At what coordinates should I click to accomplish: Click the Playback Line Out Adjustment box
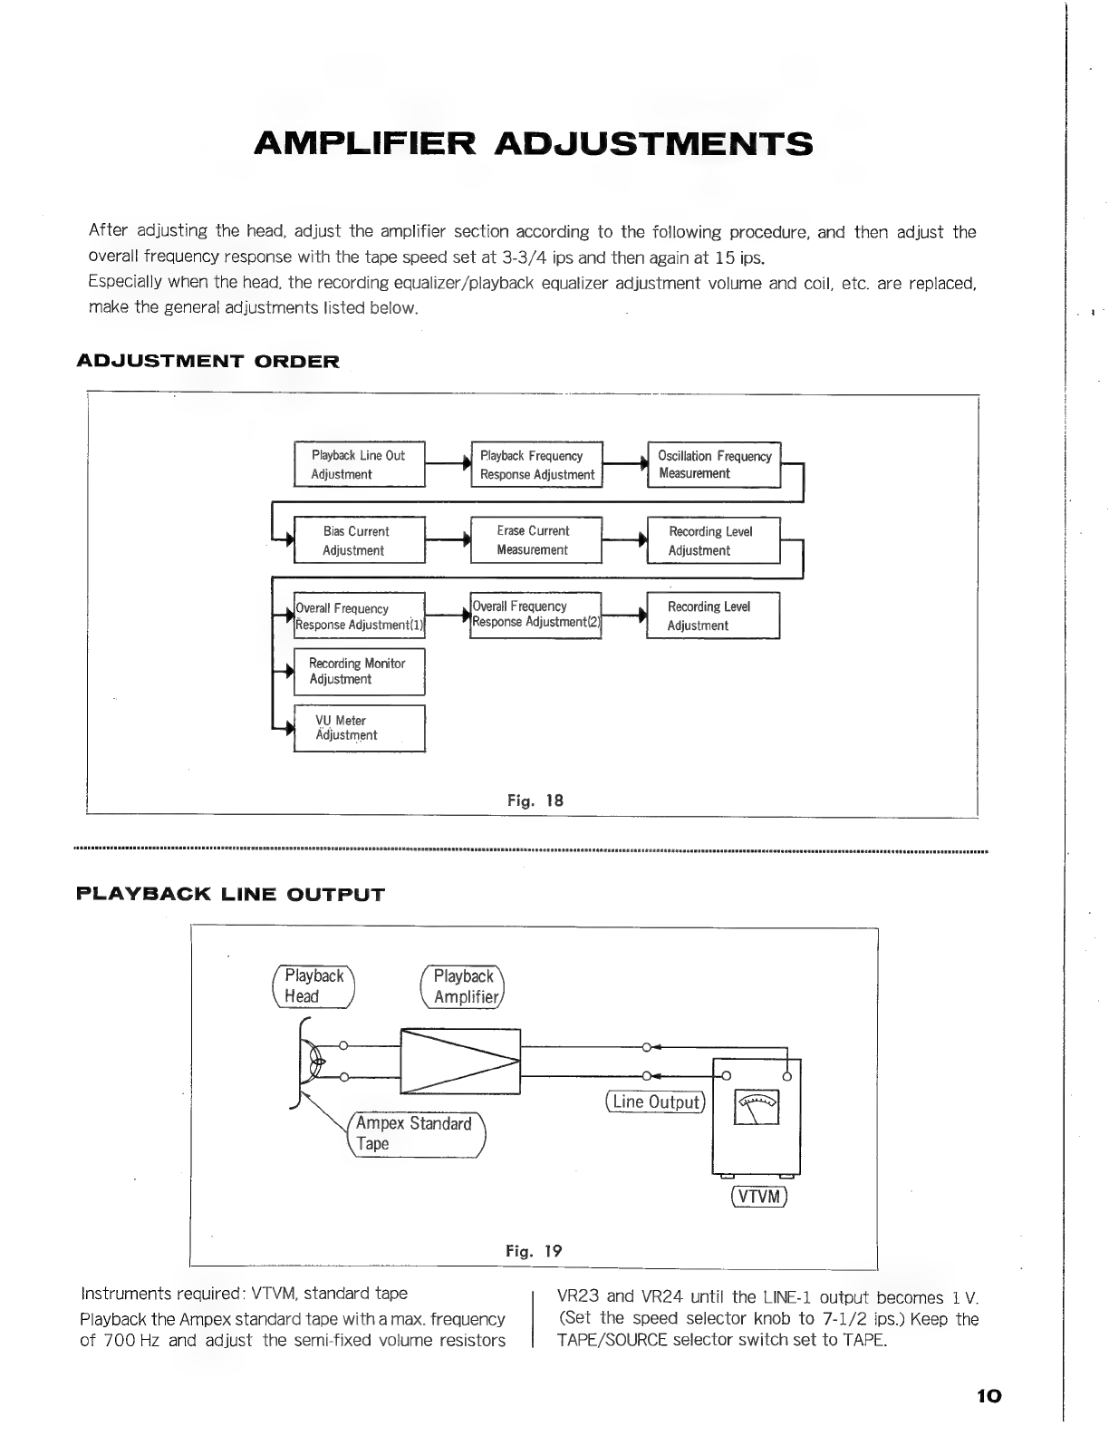point(360,464)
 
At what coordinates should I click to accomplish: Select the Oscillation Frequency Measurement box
point(714,464)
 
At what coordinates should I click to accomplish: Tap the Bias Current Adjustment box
point(360,540)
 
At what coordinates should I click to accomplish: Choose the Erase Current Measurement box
point(536,540)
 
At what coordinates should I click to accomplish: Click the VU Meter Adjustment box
point(360,728)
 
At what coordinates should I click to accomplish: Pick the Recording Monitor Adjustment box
point(360,672)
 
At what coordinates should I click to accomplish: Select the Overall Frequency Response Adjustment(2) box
point(535,616)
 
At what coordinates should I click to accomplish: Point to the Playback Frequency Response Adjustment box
point(537,464)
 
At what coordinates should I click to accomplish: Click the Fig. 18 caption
point(535,800)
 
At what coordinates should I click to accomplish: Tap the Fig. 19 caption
point(534,1251)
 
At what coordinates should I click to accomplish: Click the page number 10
point(988,1396)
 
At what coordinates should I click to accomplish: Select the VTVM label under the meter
point(759,1197)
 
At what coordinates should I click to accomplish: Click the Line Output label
point(655,1101)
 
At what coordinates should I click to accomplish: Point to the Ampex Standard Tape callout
point(416,1134)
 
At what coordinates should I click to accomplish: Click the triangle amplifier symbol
point(460,1062)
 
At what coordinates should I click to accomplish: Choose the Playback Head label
point(313,986)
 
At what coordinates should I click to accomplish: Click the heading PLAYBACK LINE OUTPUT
point(230,894)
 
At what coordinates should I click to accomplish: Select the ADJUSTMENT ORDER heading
point(208,361)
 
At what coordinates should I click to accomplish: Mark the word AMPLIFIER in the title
point(364,143)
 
